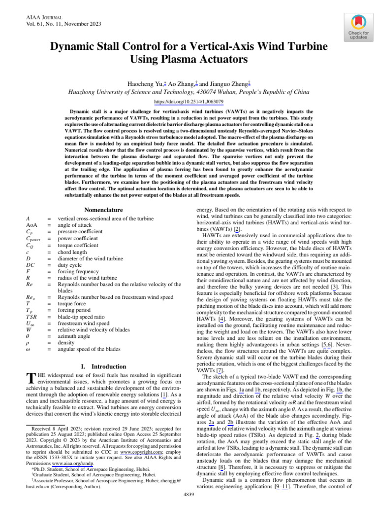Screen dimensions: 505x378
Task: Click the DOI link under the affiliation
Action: [x=189, y=102]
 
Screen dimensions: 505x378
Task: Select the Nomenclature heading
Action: [x=103, y=210]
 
